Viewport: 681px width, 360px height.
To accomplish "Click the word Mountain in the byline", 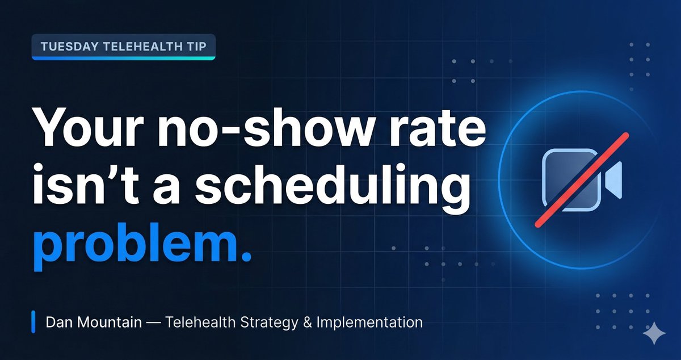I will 111,323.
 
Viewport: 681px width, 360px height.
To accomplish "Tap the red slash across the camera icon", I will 581,180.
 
